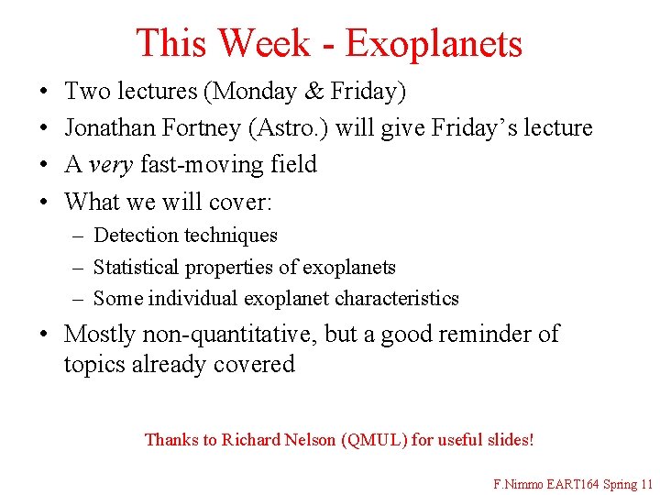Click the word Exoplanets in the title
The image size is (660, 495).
(x=434, y=43)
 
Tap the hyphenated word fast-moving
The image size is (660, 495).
(x=191, y=165)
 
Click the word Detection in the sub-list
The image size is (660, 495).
(x=137, y=236)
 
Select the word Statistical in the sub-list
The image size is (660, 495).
(x=137, y=268)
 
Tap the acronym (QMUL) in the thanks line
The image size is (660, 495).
(x=374, y=440)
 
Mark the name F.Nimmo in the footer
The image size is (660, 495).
(x=518, y=483)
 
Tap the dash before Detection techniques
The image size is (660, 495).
(x=79, y=236)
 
